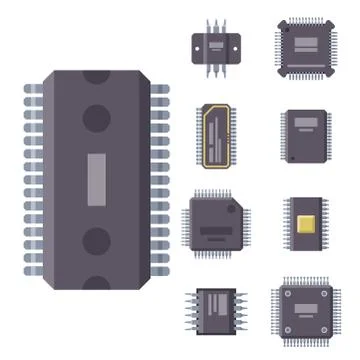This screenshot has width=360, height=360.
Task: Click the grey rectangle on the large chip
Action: click(96, 179)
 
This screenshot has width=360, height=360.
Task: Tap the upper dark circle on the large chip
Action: click(96, 118)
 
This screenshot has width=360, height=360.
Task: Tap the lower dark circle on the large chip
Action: click(96, 241)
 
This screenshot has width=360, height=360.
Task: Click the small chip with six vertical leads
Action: click(217, 45)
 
